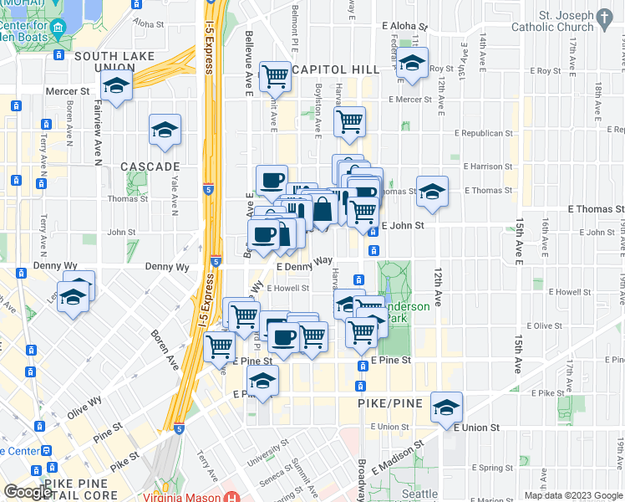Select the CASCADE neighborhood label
coord(150,166)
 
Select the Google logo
coord(28,493)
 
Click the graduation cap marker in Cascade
coord(165,131)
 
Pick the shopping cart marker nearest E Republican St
coord(349,121)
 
